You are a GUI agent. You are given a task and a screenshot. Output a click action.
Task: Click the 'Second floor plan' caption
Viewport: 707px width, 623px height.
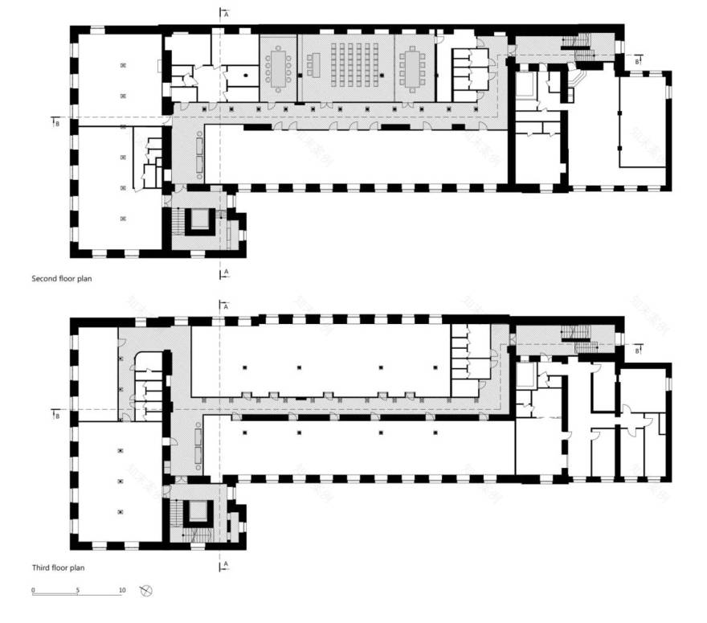pos(62,280)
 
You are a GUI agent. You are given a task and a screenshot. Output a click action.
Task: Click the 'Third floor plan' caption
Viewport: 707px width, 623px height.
pos(59,568)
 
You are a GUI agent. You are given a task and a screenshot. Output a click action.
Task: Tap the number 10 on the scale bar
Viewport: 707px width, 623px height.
pos(122,591)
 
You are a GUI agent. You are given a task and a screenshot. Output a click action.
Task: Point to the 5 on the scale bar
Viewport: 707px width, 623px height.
pos(78,591)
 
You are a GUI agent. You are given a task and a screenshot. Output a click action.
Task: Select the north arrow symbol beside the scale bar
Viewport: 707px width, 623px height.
pos(146,591)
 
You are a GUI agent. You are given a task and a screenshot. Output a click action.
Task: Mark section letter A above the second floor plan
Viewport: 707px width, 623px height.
pos(227,14)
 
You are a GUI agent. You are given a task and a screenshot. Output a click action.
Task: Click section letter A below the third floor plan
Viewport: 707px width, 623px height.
pos(227,565)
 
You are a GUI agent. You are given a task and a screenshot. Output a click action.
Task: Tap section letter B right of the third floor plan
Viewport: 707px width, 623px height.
pos(637,350)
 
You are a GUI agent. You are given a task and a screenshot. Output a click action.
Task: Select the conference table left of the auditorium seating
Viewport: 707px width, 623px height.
pos(280,66)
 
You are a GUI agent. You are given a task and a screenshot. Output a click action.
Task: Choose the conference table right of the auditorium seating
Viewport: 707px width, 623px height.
pos(413,66)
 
